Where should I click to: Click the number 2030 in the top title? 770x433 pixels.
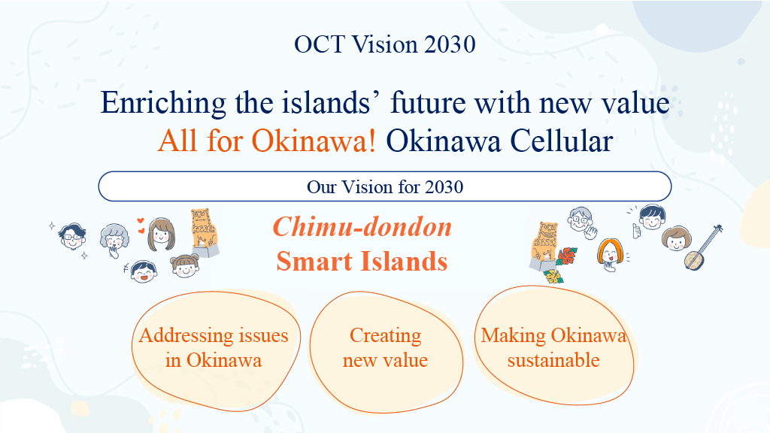tap(450, 44)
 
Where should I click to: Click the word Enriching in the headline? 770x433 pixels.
tap(163, 103)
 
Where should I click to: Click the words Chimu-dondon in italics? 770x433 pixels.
tap(362, 227)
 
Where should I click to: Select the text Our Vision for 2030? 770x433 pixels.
tap(385, 187)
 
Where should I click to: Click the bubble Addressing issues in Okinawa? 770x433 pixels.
tap(216, 350)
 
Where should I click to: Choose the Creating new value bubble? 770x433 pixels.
tap(386, 353)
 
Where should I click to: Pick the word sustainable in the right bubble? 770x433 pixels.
tap(553, 360)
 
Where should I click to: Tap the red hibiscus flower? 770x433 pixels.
tap(567, 256)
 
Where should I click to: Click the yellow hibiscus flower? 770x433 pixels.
tap(553, 277)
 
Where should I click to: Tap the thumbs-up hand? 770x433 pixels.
tap(637, 231)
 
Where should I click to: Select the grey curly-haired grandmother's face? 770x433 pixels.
tap(114, 238)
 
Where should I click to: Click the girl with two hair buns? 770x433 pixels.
tap(185, 266)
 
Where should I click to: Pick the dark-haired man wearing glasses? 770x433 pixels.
tap(72, 237)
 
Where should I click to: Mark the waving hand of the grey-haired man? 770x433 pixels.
tap(591, 232)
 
